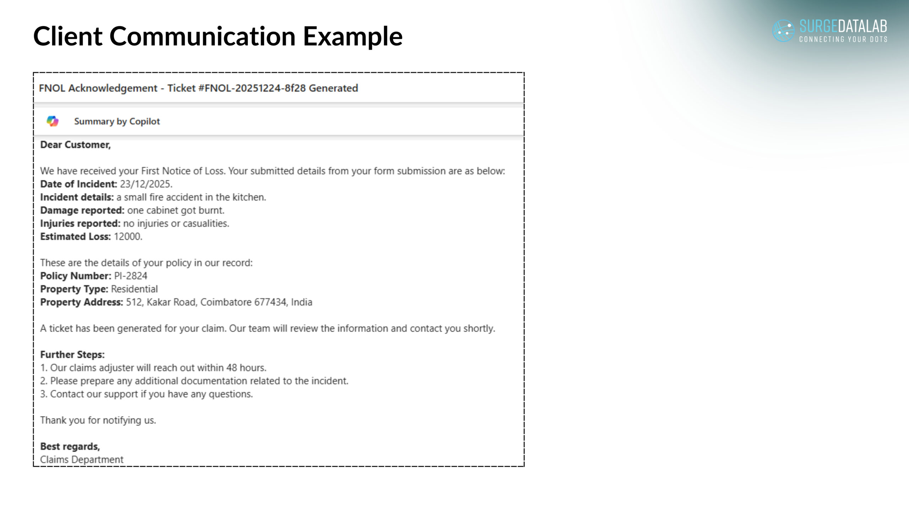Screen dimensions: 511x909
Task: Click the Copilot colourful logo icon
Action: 53,121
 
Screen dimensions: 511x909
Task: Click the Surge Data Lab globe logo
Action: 783,31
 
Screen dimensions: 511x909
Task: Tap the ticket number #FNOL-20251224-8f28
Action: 252,88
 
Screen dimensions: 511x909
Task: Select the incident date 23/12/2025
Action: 146,184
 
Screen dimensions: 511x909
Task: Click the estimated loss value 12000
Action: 127,237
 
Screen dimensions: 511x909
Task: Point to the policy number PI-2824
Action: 130,276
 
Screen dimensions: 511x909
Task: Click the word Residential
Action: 134,289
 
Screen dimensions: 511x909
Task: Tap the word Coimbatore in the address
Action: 226,302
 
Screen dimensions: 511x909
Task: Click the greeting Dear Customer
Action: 75,145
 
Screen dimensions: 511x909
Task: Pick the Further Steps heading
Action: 72,355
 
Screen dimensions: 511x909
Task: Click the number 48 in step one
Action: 232,368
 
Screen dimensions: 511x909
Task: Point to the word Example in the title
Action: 353,36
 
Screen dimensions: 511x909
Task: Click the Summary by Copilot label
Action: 117,121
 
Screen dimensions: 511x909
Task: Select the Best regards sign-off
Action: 70,446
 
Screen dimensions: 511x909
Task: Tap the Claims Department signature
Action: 82,460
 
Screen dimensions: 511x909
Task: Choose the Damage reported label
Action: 82,210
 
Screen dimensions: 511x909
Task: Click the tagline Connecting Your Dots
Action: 843,39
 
